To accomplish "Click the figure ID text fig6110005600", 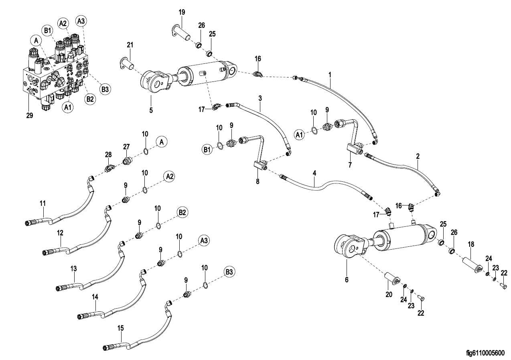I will (x=485, y=353).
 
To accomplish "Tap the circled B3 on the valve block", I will (x=105, y=89).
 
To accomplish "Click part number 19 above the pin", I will (x=182, y=12).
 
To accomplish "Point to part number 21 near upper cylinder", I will (x=130, y=44).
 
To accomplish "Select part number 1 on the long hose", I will (x=330, y=75).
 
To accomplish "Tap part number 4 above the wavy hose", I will (x=314, y=173).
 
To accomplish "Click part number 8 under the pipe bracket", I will (x=258, y=181).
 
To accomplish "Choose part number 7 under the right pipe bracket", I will (x=350, y=165).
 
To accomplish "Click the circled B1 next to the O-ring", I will (x=207, y=149).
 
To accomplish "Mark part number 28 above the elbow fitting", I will (x=108, y=155).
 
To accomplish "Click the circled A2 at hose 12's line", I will (x=169, y=176).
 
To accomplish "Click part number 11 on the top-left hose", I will (x=43, y=203).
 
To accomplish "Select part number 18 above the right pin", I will (x=471, y=244).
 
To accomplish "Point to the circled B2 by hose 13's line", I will (x=183, y=212).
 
